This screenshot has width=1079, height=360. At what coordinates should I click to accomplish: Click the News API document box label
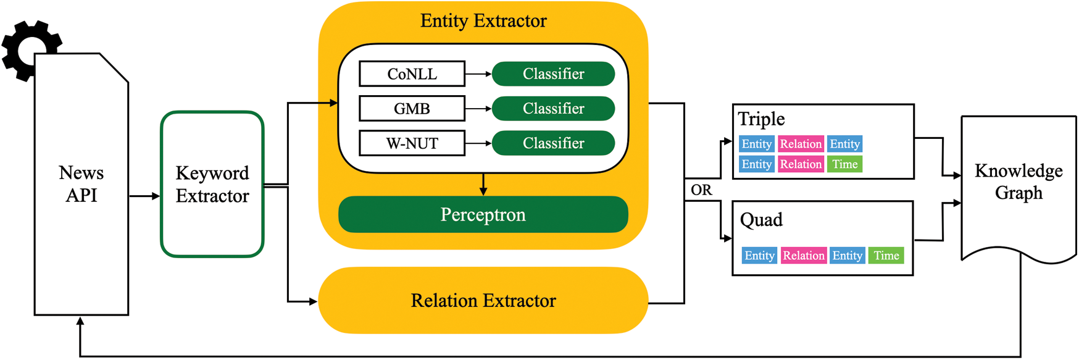coord(81,184)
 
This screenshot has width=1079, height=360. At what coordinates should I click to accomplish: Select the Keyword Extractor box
coord(212,184)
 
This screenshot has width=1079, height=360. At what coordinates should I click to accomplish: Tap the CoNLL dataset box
coord(412,74)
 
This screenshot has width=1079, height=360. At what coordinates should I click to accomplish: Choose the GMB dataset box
coord(412,109)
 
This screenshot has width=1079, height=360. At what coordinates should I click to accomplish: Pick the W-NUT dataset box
coord(412,143)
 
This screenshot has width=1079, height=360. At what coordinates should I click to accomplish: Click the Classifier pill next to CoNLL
coord(553,74)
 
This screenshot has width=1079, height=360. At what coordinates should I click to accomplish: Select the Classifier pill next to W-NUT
coord(553,143)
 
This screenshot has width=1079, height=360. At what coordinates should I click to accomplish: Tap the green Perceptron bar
coord(483,214)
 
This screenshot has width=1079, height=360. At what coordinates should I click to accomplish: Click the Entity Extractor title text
coord(483,21)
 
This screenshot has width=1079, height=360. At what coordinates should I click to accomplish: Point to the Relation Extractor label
coord(483,301)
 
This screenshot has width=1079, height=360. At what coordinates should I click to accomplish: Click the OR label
coord(701,190)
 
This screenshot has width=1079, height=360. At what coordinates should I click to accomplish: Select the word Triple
coord(761,119)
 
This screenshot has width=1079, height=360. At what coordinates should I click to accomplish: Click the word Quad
coord(761,220)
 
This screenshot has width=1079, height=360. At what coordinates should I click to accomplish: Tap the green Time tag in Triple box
coord(844,164)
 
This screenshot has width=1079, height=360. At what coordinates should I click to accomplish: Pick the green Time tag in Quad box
coord(886,256)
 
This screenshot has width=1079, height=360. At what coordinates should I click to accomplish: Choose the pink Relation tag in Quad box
coord(804,256)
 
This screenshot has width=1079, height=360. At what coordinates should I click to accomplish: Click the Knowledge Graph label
coord(1019,182)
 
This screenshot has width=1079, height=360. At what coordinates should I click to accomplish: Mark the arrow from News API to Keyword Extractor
coord(144,196)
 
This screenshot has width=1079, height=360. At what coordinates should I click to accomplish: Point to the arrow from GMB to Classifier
coord(478,109)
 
